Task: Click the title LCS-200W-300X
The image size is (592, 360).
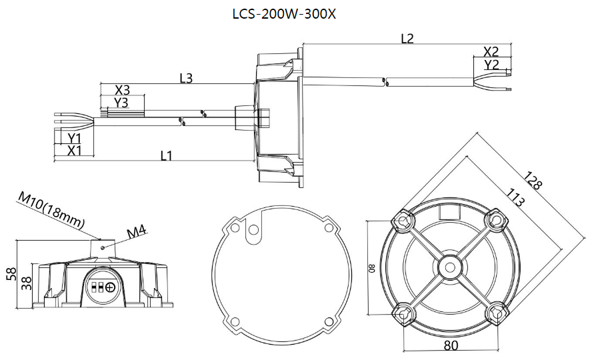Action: point(296,13)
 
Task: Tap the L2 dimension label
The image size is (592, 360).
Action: point(407,38)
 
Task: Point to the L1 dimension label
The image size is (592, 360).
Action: point(167,155)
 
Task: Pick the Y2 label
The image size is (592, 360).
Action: point(492,65)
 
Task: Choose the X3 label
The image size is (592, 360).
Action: point(122,90)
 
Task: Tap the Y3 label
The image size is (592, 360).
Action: point(121,103)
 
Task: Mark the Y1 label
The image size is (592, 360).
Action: point(74,138)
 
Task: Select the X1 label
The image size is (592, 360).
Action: point(74,151)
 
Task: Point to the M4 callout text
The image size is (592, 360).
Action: point(137,231)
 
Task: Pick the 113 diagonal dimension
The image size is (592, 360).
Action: point(515,198)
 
